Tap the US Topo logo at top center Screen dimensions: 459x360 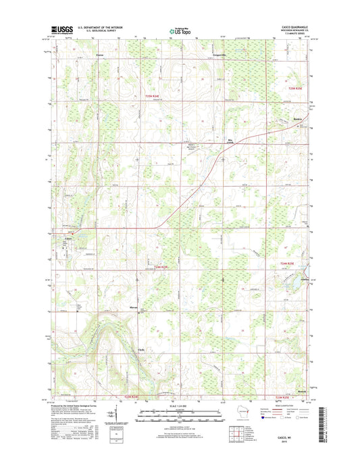click(179, 30)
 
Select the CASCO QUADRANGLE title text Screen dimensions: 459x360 click(292, 26)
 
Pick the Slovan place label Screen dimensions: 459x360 click(134, 308)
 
